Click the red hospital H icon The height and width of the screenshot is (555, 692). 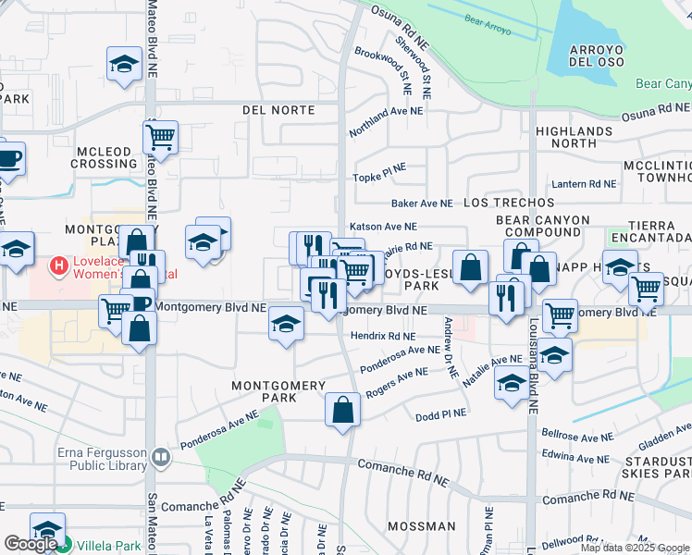coord(60,266)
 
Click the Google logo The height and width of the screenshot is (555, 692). coord(30,543)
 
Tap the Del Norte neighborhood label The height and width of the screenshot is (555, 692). coord(278,110)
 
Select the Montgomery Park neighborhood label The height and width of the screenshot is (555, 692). coord(278,391)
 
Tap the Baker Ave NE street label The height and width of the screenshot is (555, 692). coord(422,203)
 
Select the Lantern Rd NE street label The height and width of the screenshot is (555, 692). coord(583,184)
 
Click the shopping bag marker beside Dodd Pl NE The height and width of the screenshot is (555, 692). coord(342,410)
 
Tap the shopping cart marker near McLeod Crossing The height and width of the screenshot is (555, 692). coord(160,139)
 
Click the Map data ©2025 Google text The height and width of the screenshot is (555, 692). coord(634,548)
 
